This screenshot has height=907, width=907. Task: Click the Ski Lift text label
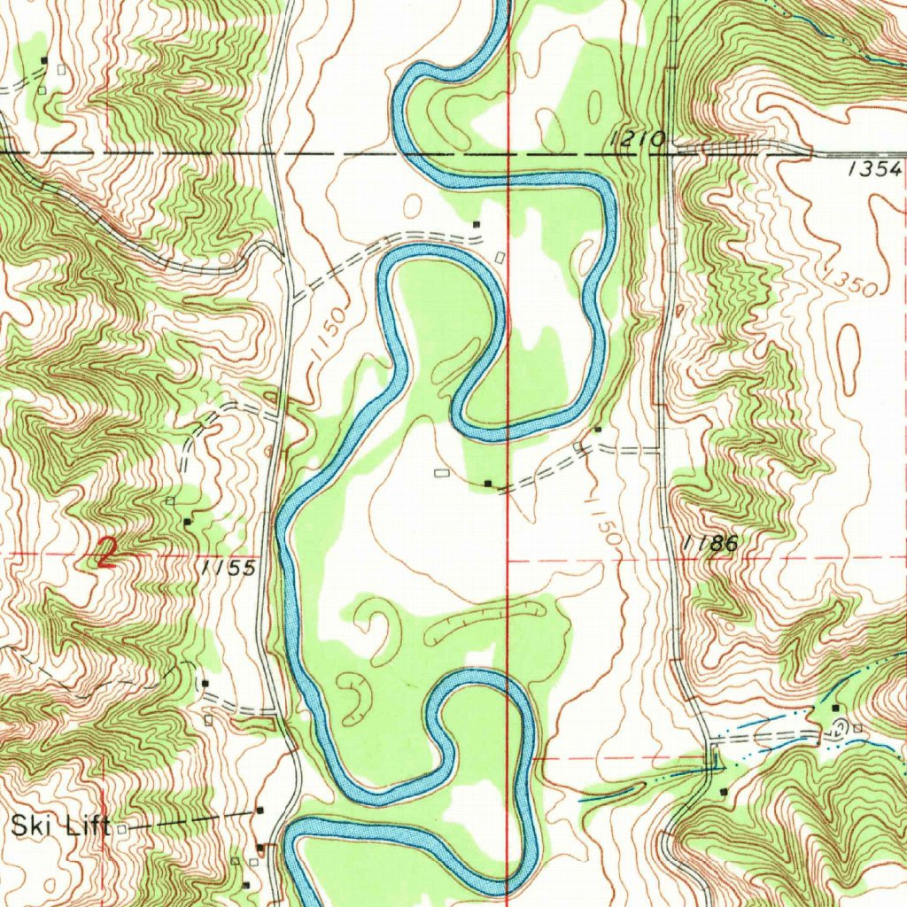tap(60, 827)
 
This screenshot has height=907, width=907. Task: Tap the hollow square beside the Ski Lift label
tap(123, 828)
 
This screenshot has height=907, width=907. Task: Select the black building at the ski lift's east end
tap(260, 810)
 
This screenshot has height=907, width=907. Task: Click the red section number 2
tap(106, 555)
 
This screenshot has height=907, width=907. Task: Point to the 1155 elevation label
tap(228, 569)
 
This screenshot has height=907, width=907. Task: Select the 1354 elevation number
tap(873, 169)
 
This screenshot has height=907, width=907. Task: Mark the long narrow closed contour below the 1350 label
tap(849, 359)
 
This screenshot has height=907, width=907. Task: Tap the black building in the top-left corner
tap(45, 59)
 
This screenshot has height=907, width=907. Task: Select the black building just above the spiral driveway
tap(835, 708)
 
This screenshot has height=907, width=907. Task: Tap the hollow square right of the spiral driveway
tap(857, 728)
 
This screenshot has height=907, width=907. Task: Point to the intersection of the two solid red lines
tap(508, 561)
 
